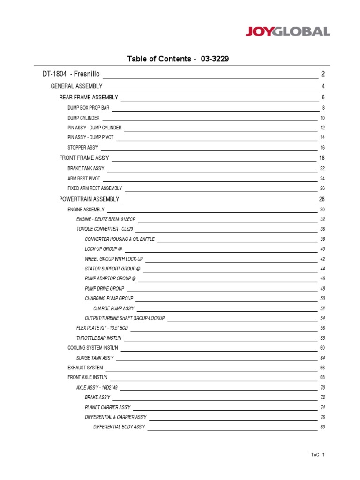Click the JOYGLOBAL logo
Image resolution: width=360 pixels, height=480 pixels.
288,32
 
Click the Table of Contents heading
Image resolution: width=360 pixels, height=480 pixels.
178,59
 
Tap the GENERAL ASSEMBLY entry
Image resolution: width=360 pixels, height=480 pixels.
76,86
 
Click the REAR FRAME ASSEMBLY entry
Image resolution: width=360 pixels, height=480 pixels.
89,97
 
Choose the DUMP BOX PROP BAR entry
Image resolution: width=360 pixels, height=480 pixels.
88,108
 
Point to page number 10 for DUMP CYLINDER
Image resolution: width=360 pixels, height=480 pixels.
322,118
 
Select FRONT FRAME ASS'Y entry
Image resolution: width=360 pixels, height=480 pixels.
84,158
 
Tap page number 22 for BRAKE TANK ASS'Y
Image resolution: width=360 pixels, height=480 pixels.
322,168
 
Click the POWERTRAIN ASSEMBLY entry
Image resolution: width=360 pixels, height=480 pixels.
89,199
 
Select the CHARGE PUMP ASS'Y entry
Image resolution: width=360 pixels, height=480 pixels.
114,308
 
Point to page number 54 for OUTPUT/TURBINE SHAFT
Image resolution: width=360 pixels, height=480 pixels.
322,318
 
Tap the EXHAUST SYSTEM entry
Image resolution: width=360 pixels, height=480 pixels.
85,367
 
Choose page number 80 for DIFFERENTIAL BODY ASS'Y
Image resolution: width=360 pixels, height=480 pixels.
322,427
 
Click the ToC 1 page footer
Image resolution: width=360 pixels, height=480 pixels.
317,455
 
